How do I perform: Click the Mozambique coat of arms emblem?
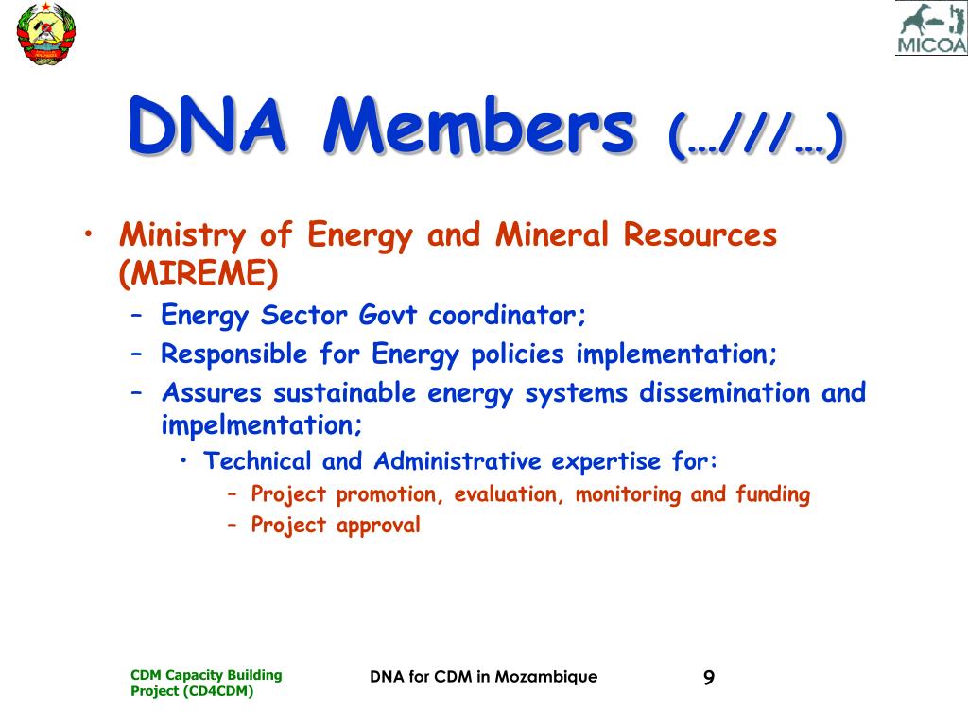click(x=45, y=33)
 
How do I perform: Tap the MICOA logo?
click(x=931, y=28)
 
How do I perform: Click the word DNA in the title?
click(x=207, y=126)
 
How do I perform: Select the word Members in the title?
click(x=479, y=126)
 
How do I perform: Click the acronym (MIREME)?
click(x=199, y=273)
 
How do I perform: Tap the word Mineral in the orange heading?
click(x=552, y=234)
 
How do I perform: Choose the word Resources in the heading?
click(x=700, y=235)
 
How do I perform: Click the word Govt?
click(x=389, y=316)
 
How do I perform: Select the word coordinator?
click(x=507, y=316)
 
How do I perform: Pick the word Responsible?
click(x=234, y=355)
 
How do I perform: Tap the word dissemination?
click(x=724, y=393)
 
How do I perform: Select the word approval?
click(x=378, y=526)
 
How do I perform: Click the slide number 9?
click(x=709, y=678)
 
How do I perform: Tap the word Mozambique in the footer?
click(x=546, y=677)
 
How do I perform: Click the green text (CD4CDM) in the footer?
click(x=218, y=691)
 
